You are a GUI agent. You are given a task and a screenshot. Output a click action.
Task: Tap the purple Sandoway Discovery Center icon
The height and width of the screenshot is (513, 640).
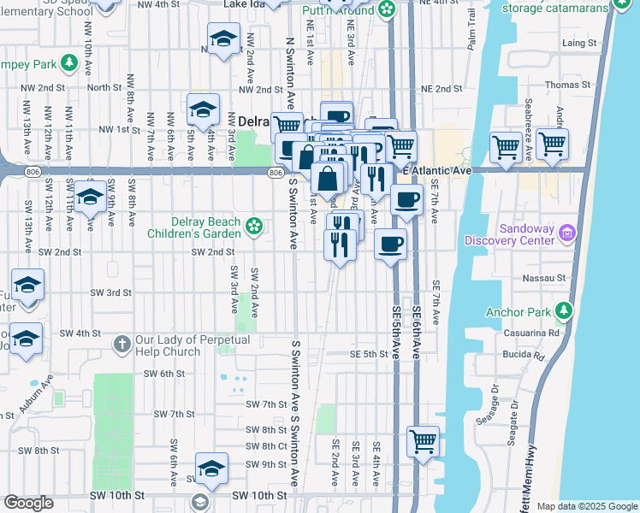click(566, 233)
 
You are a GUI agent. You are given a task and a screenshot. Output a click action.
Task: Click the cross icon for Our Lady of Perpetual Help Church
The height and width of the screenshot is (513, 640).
click(122, 345)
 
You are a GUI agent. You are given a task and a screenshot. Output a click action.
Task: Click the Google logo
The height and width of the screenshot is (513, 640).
click(28, 503)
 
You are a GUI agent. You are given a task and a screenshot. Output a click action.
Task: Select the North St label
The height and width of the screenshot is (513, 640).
click(104, 87)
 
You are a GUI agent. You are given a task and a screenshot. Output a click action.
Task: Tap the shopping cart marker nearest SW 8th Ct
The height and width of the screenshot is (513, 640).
click(424, 442)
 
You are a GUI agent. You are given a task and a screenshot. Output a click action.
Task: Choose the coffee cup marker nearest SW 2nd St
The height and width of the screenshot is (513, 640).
click(390, 245)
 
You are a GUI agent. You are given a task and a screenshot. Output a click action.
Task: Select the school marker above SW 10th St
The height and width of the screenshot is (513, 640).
click(211, 468)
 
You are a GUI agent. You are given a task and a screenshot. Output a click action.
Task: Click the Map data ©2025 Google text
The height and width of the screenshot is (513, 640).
click(586, 506)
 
